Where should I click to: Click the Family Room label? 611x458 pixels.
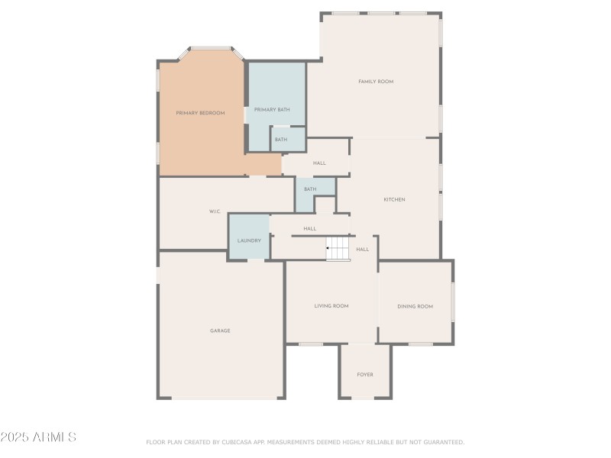click(376, 81)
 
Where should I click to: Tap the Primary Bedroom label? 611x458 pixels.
click(200, 113)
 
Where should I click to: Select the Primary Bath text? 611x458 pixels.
click(272, 110)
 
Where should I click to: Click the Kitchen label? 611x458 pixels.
click(394, 199)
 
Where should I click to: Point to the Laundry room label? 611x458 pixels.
click(249, 240)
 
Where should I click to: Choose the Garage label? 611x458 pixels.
click(220, 331)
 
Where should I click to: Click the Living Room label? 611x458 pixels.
click(331, 306)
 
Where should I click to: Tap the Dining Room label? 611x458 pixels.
click(415, 306)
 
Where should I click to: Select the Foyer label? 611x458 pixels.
click(365, 374)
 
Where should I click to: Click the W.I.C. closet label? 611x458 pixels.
click(215, 211)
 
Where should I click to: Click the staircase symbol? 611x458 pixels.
click(338, 248)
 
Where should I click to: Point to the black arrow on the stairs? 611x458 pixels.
click(328, 248)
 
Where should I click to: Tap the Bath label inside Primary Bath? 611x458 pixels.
click(281, 140)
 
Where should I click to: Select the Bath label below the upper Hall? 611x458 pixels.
click(310, 189)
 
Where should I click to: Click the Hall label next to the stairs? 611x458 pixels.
click(362, 249)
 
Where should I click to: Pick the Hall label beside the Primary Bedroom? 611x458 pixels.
click(319, 163)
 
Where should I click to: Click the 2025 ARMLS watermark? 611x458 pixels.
click(38, 437)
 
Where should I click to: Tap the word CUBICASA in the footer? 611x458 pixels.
click(243, 442)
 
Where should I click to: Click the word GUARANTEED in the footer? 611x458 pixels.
click(441, 442)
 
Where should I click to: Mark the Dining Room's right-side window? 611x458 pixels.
click(452, 302)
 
